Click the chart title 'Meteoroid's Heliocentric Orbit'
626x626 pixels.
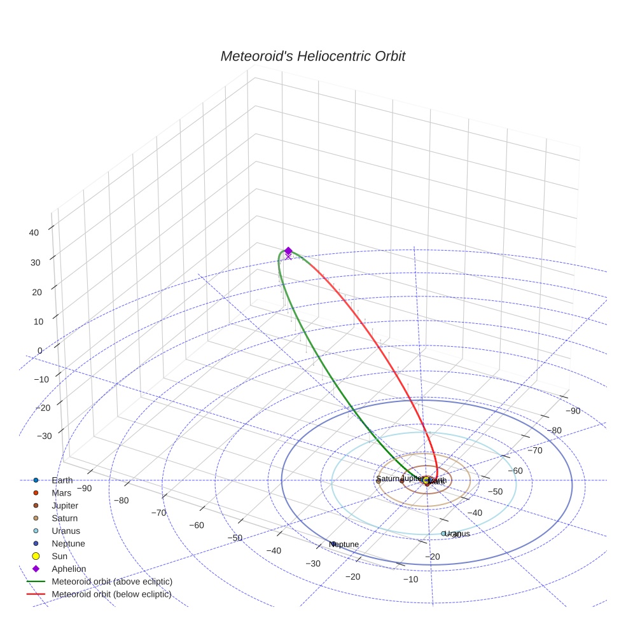pyautogui.click(x=312, y=57)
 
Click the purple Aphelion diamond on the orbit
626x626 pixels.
pyautogui.click(x=288, y=251)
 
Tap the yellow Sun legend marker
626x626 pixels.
pyautogui.click(x=36, y=557)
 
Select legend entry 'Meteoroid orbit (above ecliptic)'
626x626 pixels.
pyautogui.click(x=112, y=582)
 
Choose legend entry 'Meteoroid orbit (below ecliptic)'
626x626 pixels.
pyautogui.click(x=112, y=595)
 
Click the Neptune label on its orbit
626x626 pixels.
pyautogui.click(x=345, y=545)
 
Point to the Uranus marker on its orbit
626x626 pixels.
pyautogui.click(x=443, y=534)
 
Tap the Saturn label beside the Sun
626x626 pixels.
pyautogui.click(x=387, y=479)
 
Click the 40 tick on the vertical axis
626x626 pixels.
pyautogui.click(x=34, y=233)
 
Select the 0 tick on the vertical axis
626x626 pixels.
pyautogui.click(x=39, y=351)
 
